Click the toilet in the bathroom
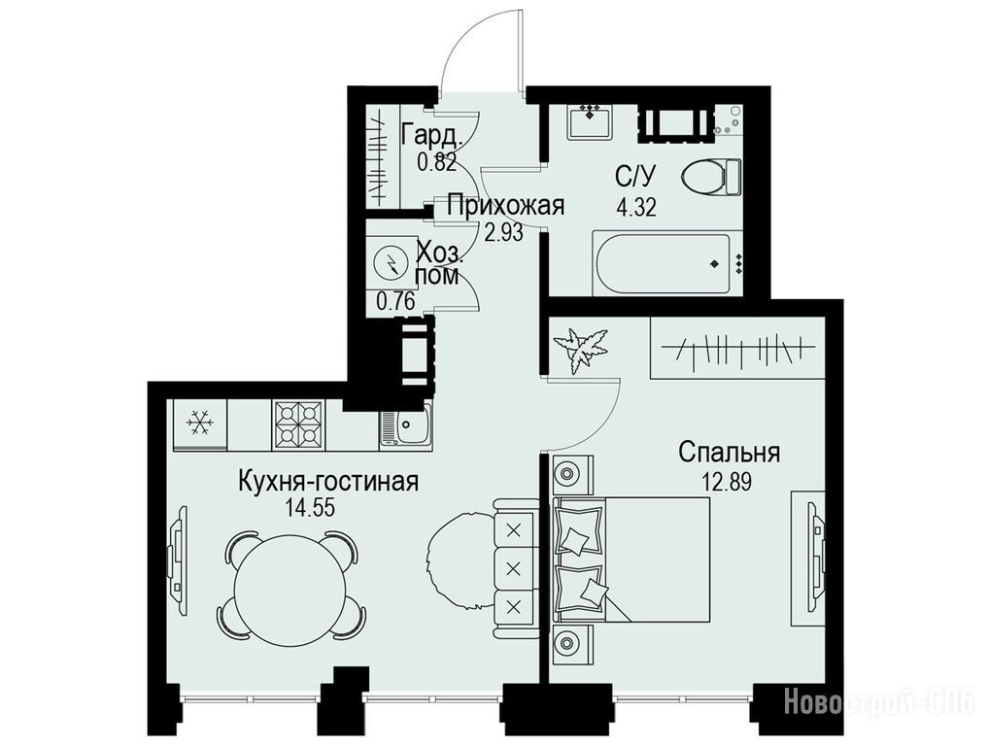pyautogui.click(x=711, y=176)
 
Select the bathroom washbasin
pyautogui.click(x=589, y=121)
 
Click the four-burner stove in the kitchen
pyautogui.click(x=298, y=425)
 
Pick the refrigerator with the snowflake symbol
pyautogui.click(x=200, y=424)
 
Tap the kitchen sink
pyautogui.click(x=406, y=426)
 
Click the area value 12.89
pyautogui.click(x=728, y=483)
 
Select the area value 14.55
pyautogui.click(x=309, y=508)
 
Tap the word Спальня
pyautogui.click(x=730, y=453)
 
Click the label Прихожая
pyautogui.click(x=505, y=206)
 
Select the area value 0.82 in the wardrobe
pyautogui.click(x=436, y=162)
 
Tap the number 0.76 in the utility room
pyautogui.click(x=395, y=301)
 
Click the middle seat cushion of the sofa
pyautogui.click(x=514, y=568)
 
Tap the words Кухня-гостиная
pyautogui.click(x=328, y=482)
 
